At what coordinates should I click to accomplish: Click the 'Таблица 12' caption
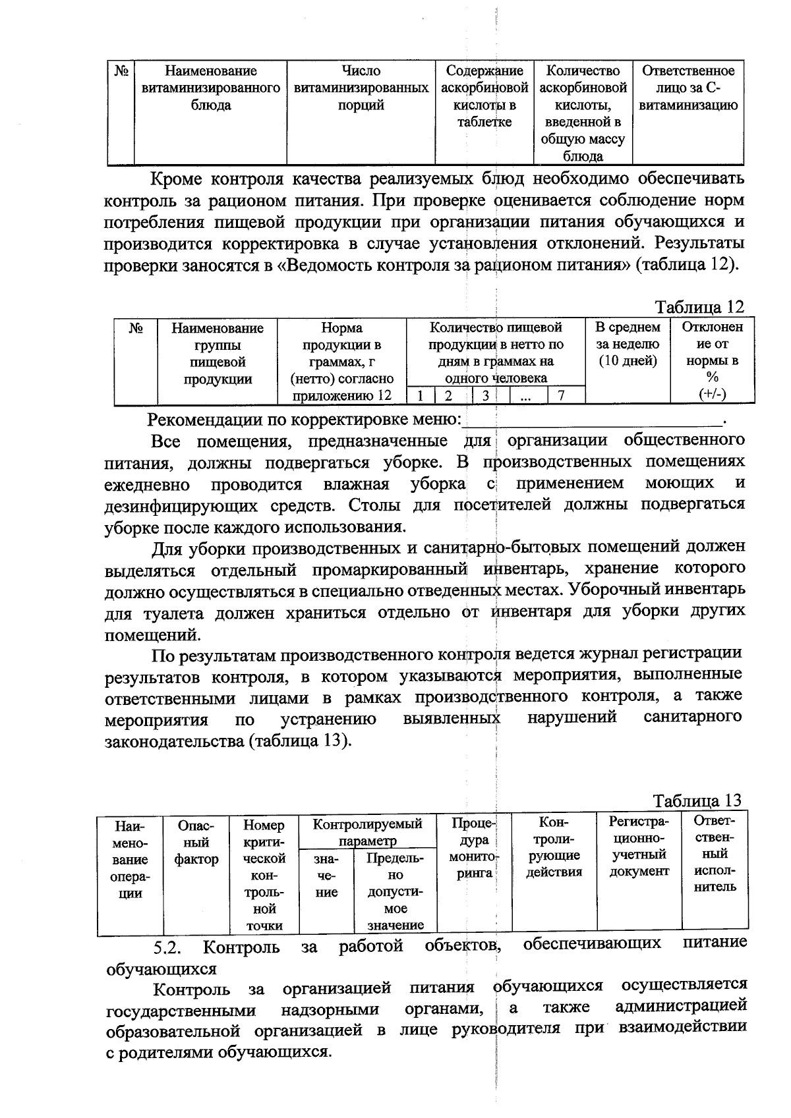[x=699, y=307]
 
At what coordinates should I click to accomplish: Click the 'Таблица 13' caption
[x=697, y=800]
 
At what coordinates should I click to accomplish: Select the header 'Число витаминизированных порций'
[x=361, y=88]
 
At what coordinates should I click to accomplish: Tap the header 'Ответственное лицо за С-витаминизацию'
[x=688, y=88]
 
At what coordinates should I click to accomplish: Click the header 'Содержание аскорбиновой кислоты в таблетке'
[x=484, y=96]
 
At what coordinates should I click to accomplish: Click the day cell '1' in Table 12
[x=420, y=395]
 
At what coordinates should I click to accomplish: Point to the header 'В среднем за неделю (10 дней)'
[x=628, y=344]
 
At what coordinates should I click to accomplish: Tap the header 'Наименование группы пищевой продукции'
[x=218, y=353]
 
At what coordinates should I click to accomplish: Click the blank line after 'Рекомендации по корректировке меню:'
[x=593, y=420]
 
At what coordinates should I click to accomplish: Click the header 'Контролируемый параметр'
[x=367, y=832]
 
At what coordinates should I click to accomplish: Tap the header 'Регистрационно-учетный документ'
[x=639, y=847]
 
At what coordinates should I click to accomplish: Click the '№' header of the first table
[x=121, y=71]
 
